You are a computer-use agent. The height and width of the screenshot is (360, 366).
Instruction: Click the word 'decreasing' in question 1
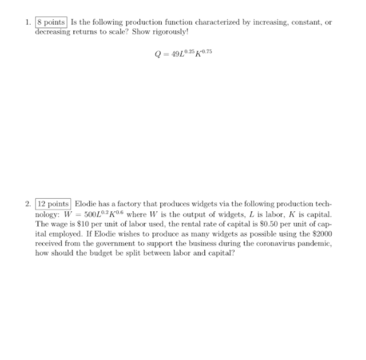click(x=53, y=30)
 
